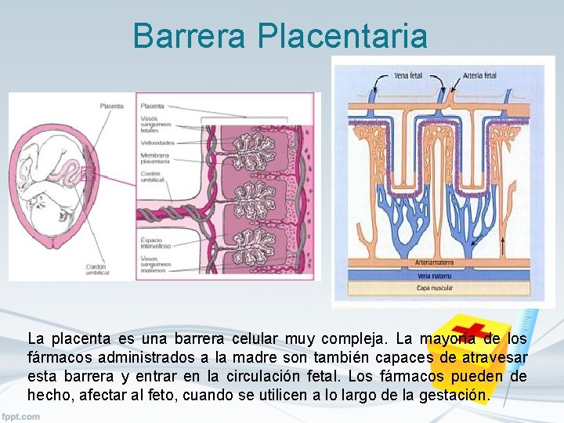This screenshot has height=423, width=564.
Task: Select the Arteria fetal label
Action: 479,76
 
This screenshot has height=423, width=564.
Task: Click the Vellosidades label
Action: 157,143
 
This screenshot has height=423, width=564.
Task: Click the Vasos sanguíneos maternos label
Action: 154,267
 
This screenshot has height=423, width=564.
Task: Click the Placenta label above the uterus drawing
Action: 111,106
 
